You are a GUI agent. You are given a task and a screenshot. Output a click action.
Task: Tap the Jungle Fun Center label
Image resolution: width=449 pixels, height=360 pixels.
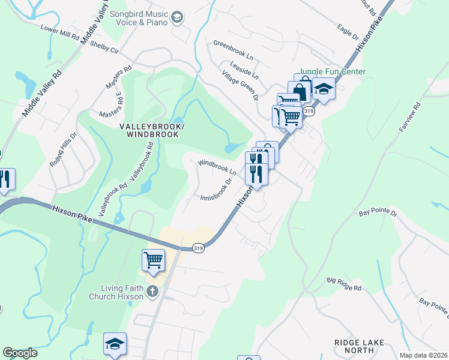pyautogui.click(x=332, y=72)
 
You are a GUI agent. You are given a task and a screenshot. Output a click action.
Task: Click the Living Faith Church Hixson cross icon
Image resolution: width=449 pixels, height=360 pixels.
pyautogui.click(x=152, y=292)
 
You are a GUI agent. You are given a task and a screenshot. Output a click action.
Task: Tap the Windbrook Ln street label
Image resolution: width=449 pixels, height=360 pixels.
pyautogui.click(x=217, y=167)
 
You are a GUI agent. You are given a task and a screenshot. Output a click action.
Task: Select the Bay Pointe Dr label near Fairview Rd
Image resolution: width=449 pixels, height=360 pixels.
pyautogui.click(x=378, y=212)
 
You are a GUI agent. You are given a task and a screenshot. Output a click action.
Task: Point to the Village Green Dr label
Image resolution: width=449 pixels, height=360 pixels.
pyautogui.click(x=240, y=85)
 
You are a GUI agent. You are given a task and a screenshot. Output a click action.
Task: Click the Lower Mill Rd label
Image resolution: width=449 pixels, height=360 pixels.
pyautogui.click(x=60, y=32)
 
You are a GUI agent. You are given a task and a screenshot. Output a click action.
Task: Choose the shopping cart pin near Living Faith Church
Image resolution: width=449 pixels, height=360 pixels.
pyautogui.click(x=153, y=260)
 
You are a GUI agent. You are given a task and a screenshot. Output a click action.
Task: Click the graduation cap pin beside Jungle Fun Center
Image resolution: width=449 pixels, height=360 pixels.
pyautogui.click(x=324, y=89)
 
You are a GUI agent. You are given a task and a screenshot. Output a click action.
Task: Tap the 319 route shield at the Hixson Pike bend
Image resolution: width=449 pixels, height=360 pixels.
pyautogui.click(x=199, y=247)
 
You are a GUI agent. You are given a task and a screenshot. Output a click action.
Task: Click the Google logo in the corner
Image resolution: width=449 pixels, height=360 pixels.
pyautogui.click(x=20, y=353)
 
